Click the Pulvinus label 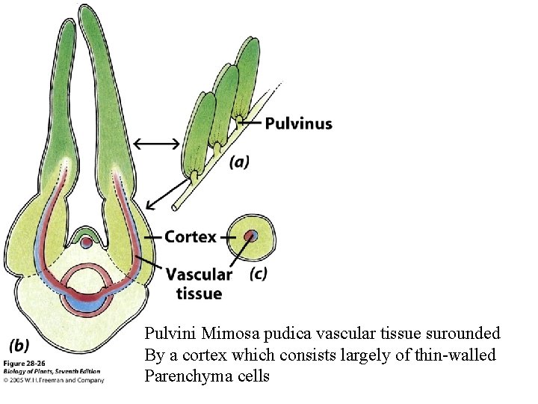pos(299,123)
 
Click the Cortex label pos(191,237)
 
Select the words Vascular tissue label pos(199,284)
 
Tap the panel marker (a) pos(239,162)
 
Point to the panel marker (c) pos(259,274)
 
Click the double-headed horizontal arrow pos(157,143)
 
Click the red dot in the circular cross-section pos(251,236)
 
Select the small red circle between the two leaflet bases pos(87,242)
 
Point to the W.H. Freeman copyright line pos(54,380)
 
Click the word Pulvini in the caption pos(170,333)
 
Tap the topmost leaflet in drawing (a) pos(246,71)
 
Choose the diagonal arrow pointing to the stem pos(164,192)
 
